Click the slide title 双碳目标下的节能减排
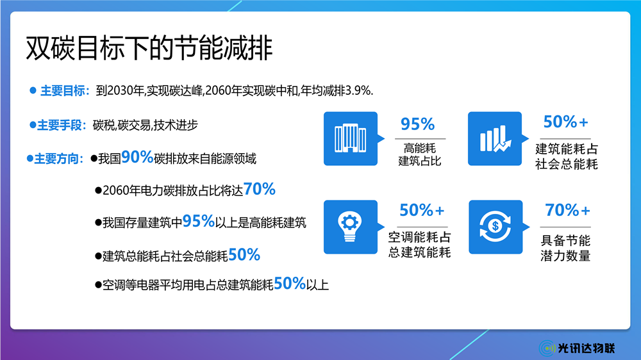[x=149, y=48]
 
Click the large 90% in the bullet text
[x=137, y=157]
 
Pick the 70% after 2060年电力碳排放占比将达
[x=259, y=189]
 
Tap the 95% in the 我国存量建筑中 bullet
[x=199, y=221]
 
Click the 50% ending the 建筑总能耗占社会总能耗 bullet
[x=244, y=254]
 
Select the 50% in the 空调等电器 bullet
[x=290, y=283]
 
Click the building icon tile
[x=351, y=138]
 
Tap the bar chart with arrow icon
[x=495, y=138]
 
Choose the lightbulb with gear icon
[x=351, y=227]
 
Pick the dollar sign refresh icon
[x=495, y=227]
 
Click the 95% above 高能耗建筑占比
[x=417, y=124]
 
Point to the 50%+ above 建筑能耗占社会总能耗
[x=566, y=122]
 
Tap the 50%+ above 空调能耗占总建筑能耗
[x=422, y=210]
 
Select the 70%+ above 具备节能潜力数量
[x=568, y=210]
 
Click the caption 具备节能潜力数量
[x=565, y=248]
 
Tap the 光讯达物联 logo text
[x=587, y=348]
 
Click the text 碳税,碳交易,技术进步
[x=146, y=125]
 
